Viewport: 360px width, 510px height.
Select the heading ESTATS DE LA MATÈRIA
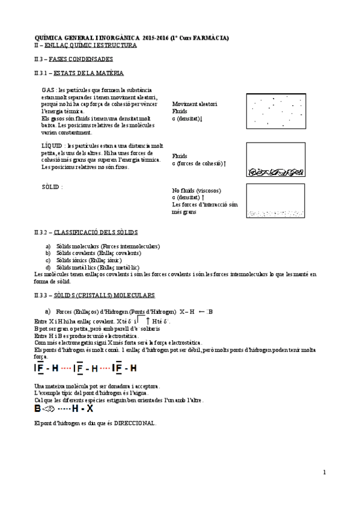tap(89, 73)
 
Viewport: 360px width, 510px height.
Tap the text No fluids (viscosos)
tap(196, 190)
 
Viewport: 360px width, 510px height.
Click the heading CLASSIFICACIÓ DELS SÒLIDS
tap(96, 232)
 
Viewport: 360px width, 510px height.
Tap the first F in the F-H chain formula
tap(40, 368)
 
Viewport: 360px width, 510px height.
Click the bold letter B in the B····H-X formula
tap(38, 408)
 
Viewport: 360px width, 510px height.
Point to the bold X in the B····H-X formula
tap(90, 408)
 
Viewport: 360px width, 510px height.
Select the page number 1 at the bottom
tap(325, 473)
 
